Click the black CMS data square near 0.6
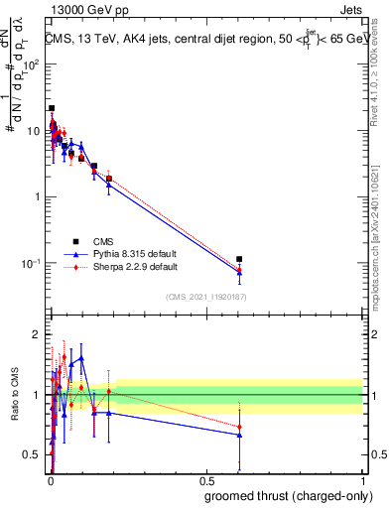[239, 259]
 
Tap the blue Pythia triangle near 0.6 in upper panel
[239, 272]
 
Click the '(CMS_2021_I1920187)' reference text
[205, 296]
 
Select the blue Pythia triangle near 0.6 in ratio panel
[239, 435]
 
